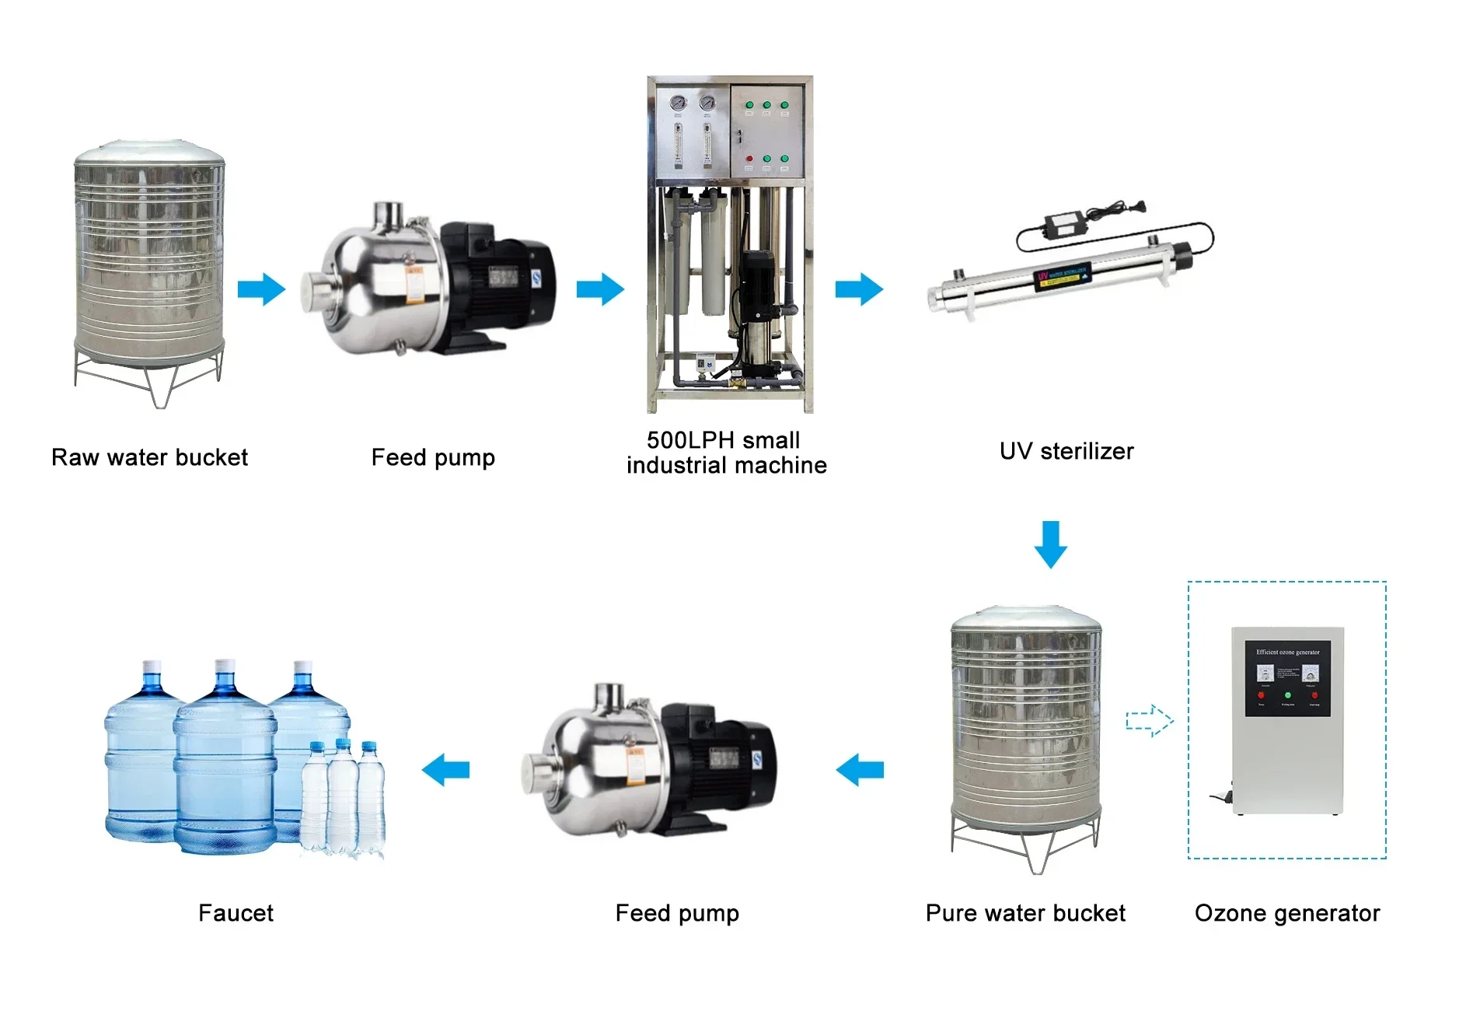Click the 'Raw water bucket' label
click(x=149, y=457)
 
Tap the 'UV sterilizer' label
click(x=1066, y=451)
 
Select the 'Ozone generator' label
click(x=1287, y=913)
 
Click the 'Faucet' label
click(x=236, y=913)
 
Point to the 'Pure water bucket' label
click(x=1025, y=913)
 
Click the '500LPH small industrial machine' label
click(x=726, y=453)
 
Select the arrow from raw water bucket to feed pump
click(x=261, y=289)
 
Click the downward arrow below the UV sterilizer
click(x=1050, y=544)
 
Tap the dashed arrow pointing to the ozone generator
click(x=1150, y=721)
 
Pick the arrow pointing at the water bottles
click(x=445, y=770)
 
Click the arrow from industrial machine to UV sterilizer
click(x=859, y=289)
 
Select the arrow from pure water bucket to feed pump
click(x=860, y=770)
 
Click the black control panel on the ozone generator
click(x=1287, y=678)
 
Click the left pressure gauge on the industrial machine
click(x=678, y=103)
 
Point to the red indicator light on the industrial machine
click(x=749, y=159)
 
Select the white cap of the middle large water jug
click(x=225, y=666)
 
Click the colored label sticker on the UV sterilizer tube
click(x=1062, y=276)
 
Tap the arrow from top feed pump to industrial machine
click(x=600, y=289)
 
